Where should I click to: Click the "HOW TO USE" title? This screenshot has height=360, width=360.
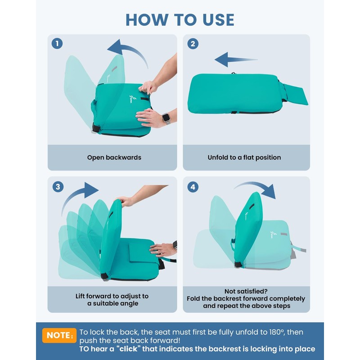tap(180, 20)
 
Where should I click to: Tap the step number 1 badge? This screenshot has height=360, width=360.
tap(57, 43)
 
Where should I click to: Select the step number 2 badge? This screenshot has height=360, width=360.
tap(193, 44)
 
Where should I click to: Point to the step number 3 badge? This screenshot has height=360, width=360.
tap(58, 187)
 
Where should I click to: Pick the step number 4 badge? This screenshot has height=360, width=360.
tap(193, 187)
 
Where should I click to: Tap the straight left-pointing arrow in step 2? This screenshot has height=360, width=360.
tap(236, 59)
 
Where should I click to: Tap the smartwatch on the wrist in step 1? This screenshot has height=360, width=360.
tap(166, 118)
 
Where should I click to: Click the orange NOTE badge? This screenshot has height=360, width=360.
tap(59, 335)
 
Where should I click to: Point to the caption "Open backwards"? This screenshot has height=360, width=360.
tap(114, 157)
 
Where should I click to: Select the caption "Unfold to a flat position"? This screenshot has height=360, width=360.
tap(244, 157)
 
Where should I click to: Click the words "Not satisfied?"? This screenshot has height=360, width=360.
tap(246, 291)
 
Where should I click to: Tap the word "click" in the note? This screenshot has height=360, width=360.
tap(128, 349)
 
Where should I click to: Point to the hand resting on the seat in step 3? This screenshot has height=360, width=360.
tap(163, 250)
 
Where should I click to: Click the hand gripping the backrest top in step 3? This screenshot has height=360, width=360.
tap(125, 201)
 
